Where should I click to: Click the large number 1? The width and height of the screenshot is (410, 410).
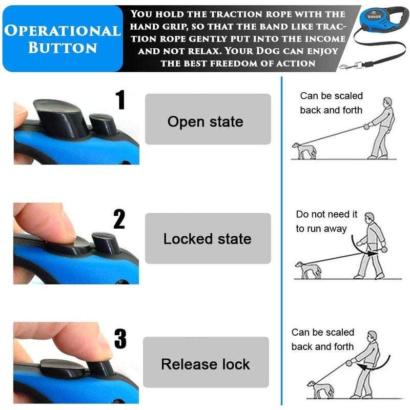click(x=120, y=99)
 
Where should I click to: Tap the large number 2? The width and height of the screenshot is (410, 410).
click(x=119, y=219)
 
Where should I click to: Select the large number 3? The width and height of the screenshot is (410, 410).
click(x=120, y=338)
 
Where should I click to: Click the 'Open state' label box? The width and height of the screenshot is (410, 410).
click(x=208, y=119)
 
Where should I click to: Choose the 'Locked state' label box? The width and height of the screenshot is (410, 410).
click(x=208, y=238)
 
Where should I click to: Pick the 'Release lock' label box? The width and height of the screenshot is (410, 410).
click(x=206, y=362)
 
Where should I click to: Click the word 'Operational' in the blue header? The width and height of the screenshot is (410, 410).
click(x=63, y=31)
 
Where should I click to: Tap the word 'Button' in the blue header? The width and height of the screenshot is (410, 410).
click(x=63, y=48)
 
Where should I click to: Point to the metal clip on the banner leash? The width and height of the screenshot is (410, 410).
click(x=351, y=66)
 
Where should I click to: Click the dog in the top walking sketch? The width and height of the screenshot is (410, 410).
click(x=304, y=150)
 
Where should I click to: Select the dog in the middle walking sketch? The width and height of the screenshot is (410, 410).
click(x=308, y=270)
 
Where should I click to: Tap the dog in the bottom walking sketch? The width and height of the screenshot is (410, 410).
click(x=320, y=389)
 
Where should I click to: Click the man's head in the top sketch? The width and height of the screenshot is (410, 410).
click(x=388, y=102)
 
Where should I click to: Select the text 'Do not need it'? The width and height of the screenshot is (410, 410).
click(x=326, y=214)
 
